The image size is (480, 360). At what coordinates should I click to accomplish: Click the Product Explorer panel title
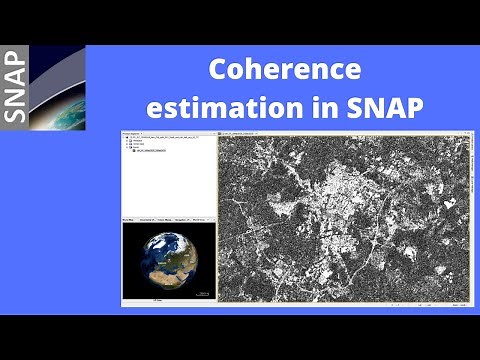coord(135,131)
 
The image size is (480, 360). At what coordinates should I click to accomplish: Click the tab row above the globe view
coord(165,219)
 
